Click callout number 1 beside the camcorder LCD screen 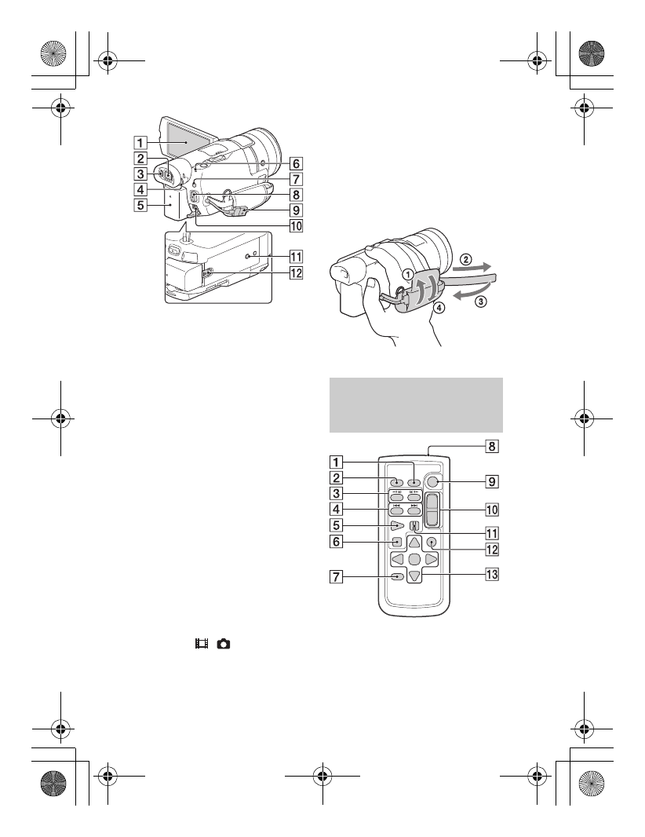click(140, 143)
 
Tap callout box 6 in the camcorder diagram click(295, 164)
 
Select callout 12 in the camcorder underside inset click(295, 274)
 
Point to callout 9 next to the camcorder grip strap click(295, 210)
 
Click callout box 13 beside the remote click(492, 574)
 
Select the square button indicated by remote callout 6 click(399, 542)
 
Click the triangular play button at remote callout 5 click(399, 524)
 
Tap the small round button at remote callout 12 click(431, 542)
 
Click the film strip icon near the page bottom click(204, 643)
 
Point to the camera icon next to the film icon click(224, 643)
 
